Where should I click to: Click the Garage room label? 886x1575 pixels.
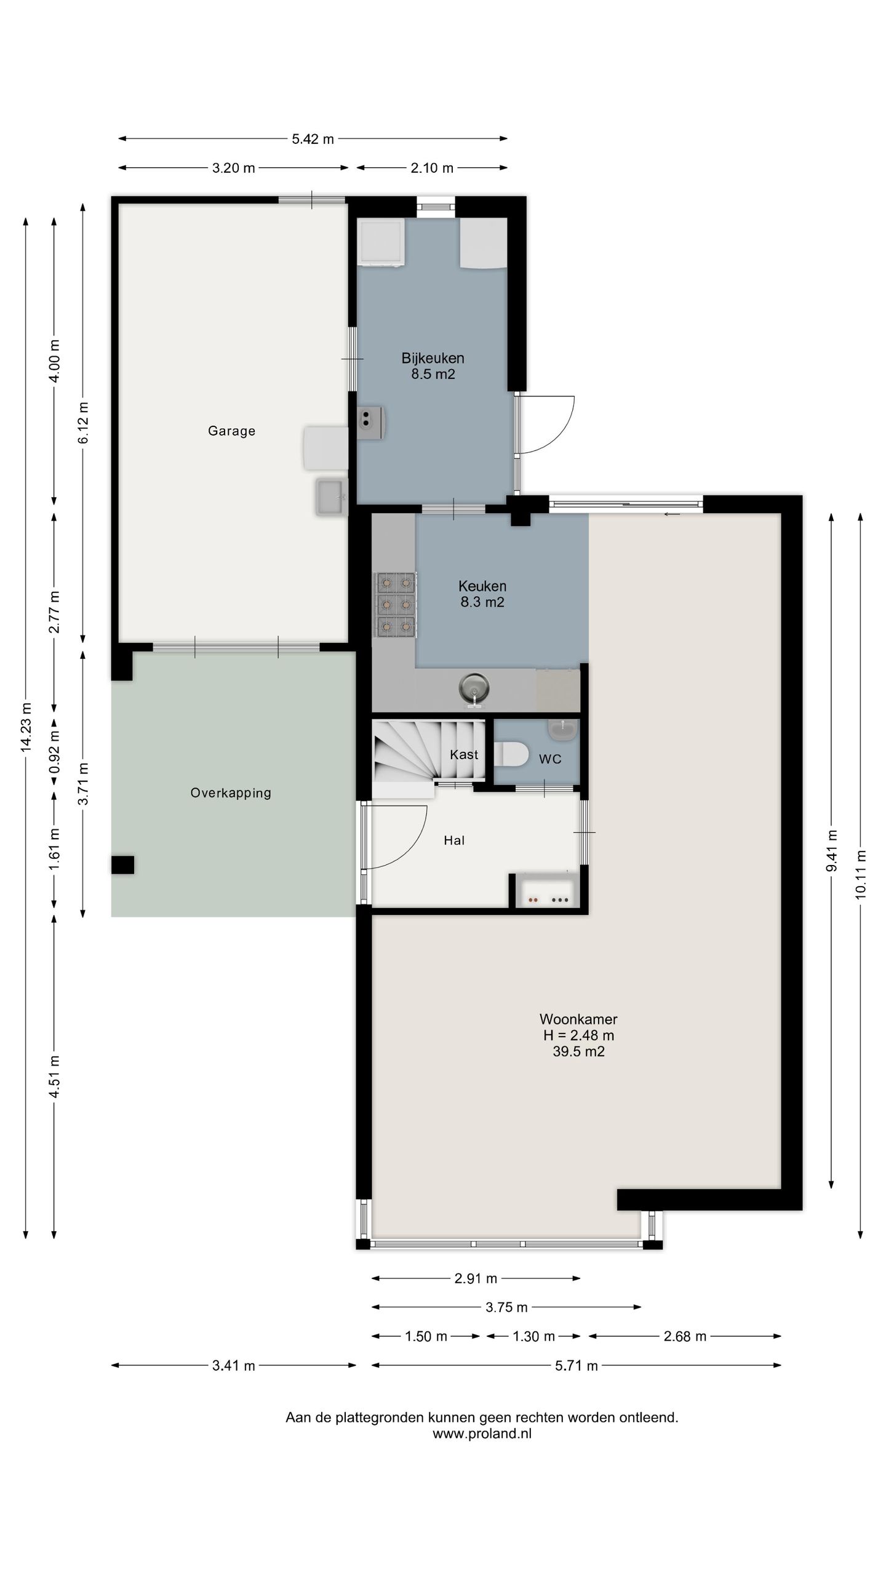231,431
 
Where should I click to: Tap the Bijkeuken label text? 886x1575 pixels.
433,358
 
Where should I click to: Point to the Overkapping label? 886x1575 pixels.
231,793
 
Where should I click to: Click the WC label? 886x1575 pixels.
550,759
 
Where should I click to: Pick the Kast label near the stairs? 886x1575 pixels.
464,754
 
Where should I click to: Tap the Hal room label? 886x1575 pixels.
454,840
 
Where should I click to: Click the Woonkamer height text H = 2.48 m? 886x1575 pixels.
578,1035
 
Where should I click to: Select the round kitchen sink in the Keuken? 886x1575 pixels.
474,687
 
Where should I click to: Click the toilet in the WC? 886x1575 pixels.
511,754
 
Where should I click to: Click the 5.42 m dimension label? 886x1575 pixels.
313,139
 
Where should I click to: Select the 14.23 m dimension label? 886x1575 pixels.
26,727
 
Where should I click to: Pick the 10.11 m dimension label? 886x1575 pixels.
861,874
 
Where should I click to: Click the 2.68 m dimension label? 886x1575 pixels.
685,1336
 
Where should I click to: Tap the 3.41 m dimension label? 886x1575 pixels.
234,1366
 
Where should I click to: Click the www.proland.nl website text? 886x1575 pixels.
482,1433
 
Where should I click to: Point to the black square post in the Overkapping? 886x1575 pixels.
122,864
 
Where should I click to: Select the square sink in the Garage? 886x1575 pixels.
332,496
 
